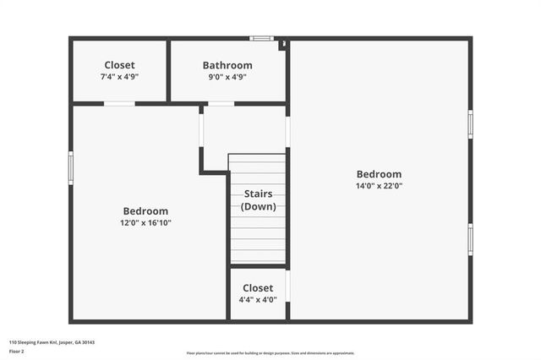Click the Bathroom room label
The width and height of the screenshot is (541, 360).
(227, 65)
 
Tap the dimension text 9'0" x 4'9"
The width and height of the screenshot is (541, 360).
(227, 77)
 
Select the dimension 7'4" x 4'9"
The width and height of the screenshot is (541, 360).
(119, 77)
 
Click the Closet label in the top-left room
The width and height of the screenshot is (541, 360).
(119, 65)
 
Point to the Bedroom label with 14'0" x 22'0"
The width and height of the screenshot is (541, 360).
(379, 174)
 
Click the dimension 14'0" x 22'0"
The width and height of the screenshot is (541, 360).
(379, 186)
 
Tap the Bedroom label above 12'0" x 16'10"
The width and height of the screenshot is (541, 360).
(145, 211)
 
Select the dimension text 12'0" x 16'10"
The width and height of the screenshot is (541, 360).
(145, 223)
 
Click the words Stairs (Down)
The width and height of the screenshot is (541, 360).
(258, 200)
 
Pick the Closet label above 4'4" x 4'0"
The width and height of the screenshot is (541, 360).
(258, 288)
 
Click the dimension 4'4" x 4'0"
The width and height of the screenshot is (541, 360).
(258, 299)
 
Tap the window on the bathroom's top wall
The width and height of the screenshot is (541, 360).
(262, 38)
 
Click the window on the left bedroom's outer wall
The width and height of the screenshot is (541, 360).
(71, 166)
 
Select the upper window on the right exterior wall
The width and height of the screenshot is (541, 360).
(470, 123)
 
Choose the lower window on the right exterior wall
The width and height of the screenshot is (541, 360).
(470, 238)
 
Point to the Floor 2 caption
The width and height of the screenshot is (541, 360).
(17, 351)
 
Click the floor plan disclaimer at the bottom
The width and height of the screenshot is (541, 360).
(270, 353)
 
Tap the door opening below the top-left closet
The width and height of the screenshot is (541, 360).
(119, 104)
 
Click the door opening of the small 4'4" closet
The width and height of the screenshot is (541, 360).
(288, 285)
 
